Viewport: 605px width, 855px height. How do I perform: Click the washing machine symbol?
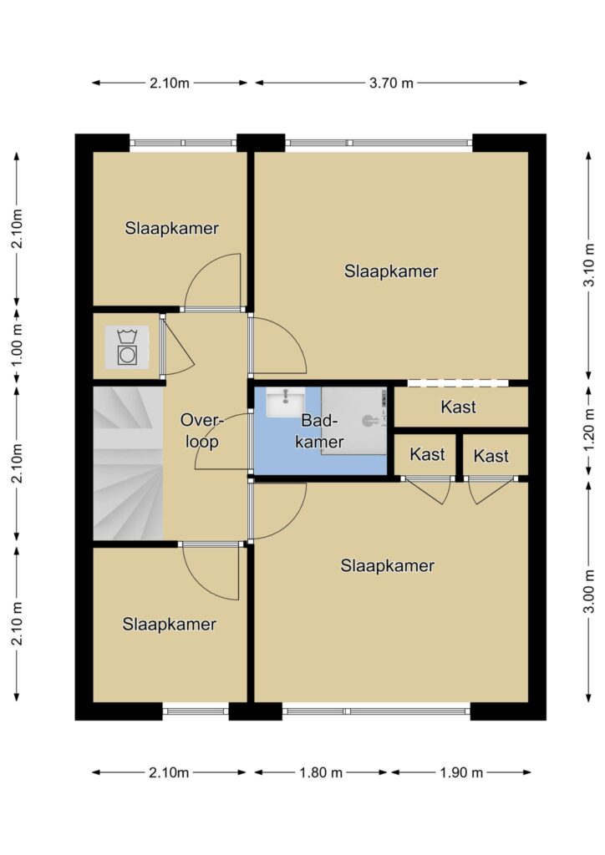[126, 347]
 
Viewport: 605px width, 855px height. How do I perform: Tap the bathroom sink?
[285, 402]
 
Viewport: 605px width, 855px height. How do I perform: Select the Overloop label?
[202, 431]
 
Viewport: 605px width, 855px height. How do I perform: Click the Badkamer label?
[320, 431]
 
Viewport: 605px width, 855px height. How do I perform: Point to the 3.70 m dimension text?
[391, 83]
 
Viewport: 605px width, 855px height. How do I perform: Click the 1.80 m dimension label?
[321, 772]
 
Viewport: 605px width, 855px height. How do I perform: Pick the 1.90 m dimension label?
[461, 772]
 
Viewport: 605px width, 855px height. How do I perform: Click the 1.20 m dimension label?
[588, 431]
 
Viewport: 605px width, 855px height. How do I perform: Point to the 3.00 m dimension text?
[588, 592]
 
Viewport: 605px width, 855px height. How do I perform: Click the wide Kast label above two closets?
[458, 407]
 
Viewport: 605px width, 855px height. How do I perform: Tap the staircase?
[128, 463]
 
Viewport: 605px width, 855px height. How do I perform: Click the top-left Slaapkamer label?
[172, 228]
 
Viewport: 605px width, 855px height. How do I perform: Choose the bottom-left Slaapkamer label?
[169, 624]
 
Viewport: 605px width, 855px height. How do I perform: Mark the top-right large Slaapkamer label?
[391, 271]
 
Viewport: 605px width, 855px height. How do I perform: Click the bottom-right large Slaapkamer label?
[388, 565]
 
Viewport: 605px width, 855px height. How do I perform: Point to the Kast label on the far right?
[491, 455]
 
